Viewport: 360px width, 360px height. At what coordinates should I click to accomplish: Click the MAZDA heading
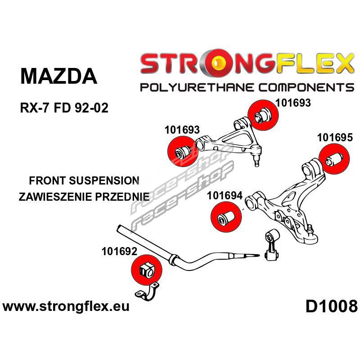click(x=59, y=76)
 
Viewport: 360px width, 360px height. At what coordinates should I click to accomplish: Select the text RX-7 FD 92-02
click(x=64, y=108)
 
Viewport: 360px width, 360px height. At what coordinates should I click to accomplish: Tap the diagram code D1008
click(x=332, y=306)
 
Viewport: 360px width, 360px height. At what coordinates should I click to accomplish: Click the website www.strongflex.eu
click(x=66, y=306)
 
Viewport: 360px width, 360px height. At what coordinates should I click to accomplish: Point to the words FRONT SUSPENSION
click(x=84, y=180)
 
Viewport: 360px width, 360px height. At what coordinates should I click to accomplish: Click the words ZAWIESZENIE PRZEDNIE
click(x=84, y=197)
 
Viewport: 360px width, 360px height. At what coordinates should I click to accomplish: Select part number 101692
click(x=119, y=251)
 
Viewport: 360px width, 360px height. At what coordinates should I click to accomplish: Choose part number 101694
click(x=225, y=196)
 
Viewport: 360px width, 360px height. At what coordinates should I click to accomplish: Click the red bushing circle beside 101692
click(x=148, y=270)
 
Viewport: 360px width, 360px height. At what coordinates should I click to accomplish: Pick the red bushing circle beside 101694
click(x=226, y=216)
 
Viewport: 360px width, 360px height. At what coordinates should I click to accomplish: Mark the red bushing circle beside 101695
click(x=334, y=158)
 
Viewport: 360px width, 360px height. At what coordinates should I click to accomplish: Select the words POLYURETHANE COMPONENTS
click(x=247, y=87)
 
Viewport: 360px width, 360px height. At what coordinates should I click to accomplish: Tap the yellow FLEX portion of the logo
click(x=310, y=63)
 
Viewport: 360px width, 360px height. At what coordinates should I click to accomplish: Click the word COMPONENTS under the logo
click(x=306, y=87)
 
